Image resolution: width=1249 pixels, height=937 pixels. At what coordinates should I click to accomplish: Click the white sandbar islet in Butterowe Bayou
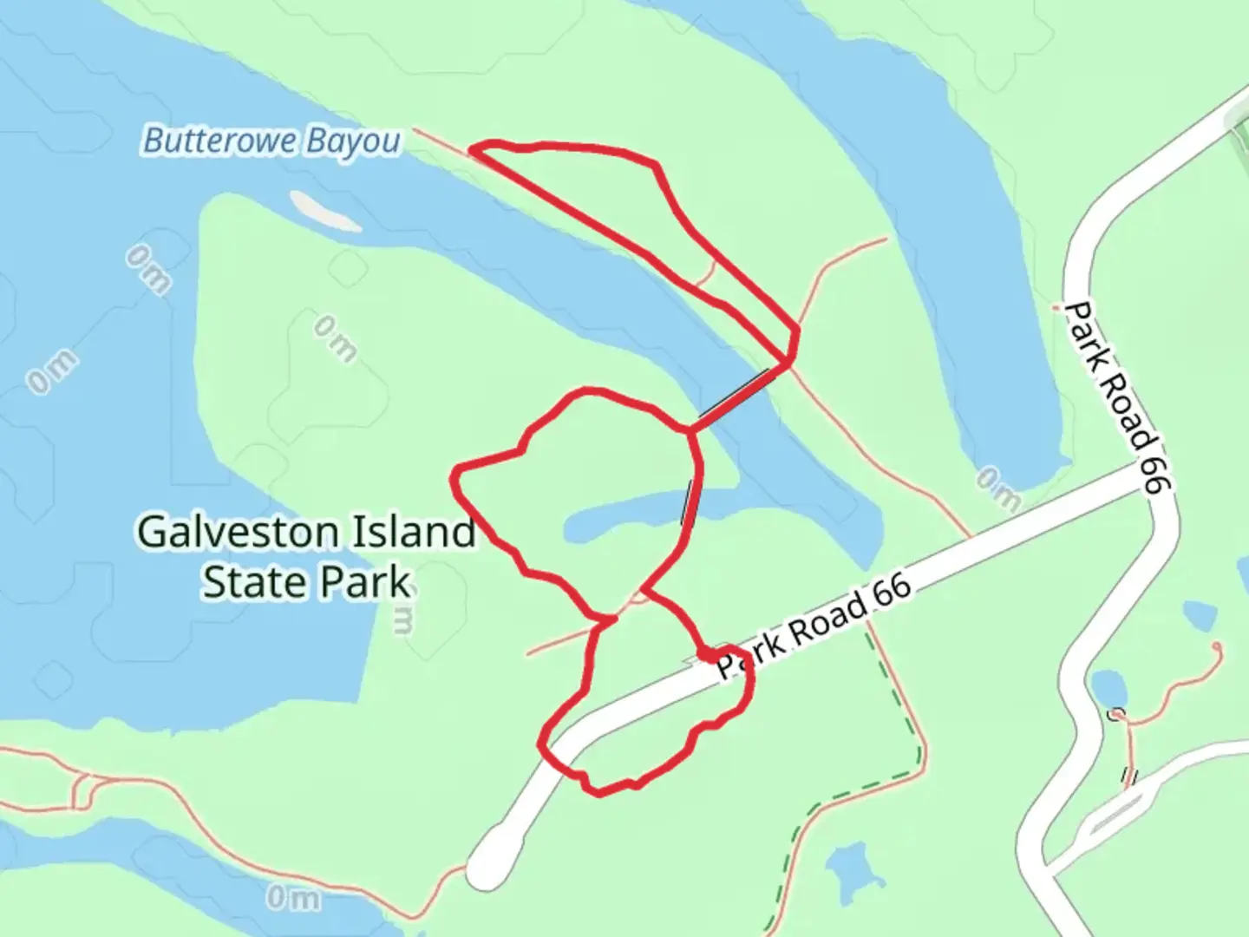pos(324,211)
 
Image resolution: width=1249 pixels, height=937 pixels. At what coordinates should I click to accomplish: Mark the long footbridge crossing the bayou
pos(736,397)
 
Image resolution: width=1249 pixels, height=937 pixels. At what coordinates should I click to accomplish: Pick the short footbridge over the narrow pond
pos(689,503)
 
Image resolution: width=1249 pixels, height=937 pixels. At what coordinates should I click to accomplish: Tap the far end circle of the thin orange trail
pos(1219,646)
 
